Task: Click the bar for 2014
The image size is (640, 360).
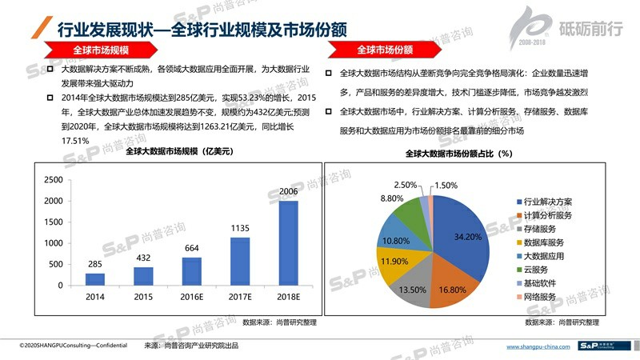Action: pos(95,278)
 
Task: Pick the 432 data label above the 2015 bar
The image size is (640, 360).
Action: pos(143,258)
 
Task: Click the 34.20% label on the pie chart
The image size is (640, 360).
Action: pos(468,238)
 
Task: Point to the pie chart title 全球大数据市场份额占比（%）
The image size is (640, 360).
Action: pos(458,153)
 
